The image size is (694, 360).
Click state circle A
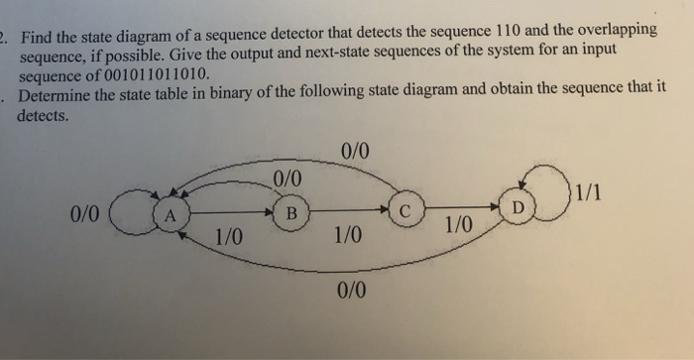[x=170, y=214]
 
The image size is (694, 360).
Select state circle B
[x=289, y=212]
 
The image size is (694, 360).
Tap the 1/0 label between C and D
[x=458, y=225]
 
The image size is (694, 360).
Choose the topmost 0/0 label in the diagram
[x=353, y=152]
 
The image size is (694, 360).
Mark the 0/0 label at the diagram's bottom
[x=351, y=290]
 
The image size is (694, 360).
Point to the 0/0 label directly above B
[x=286, y=179]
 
